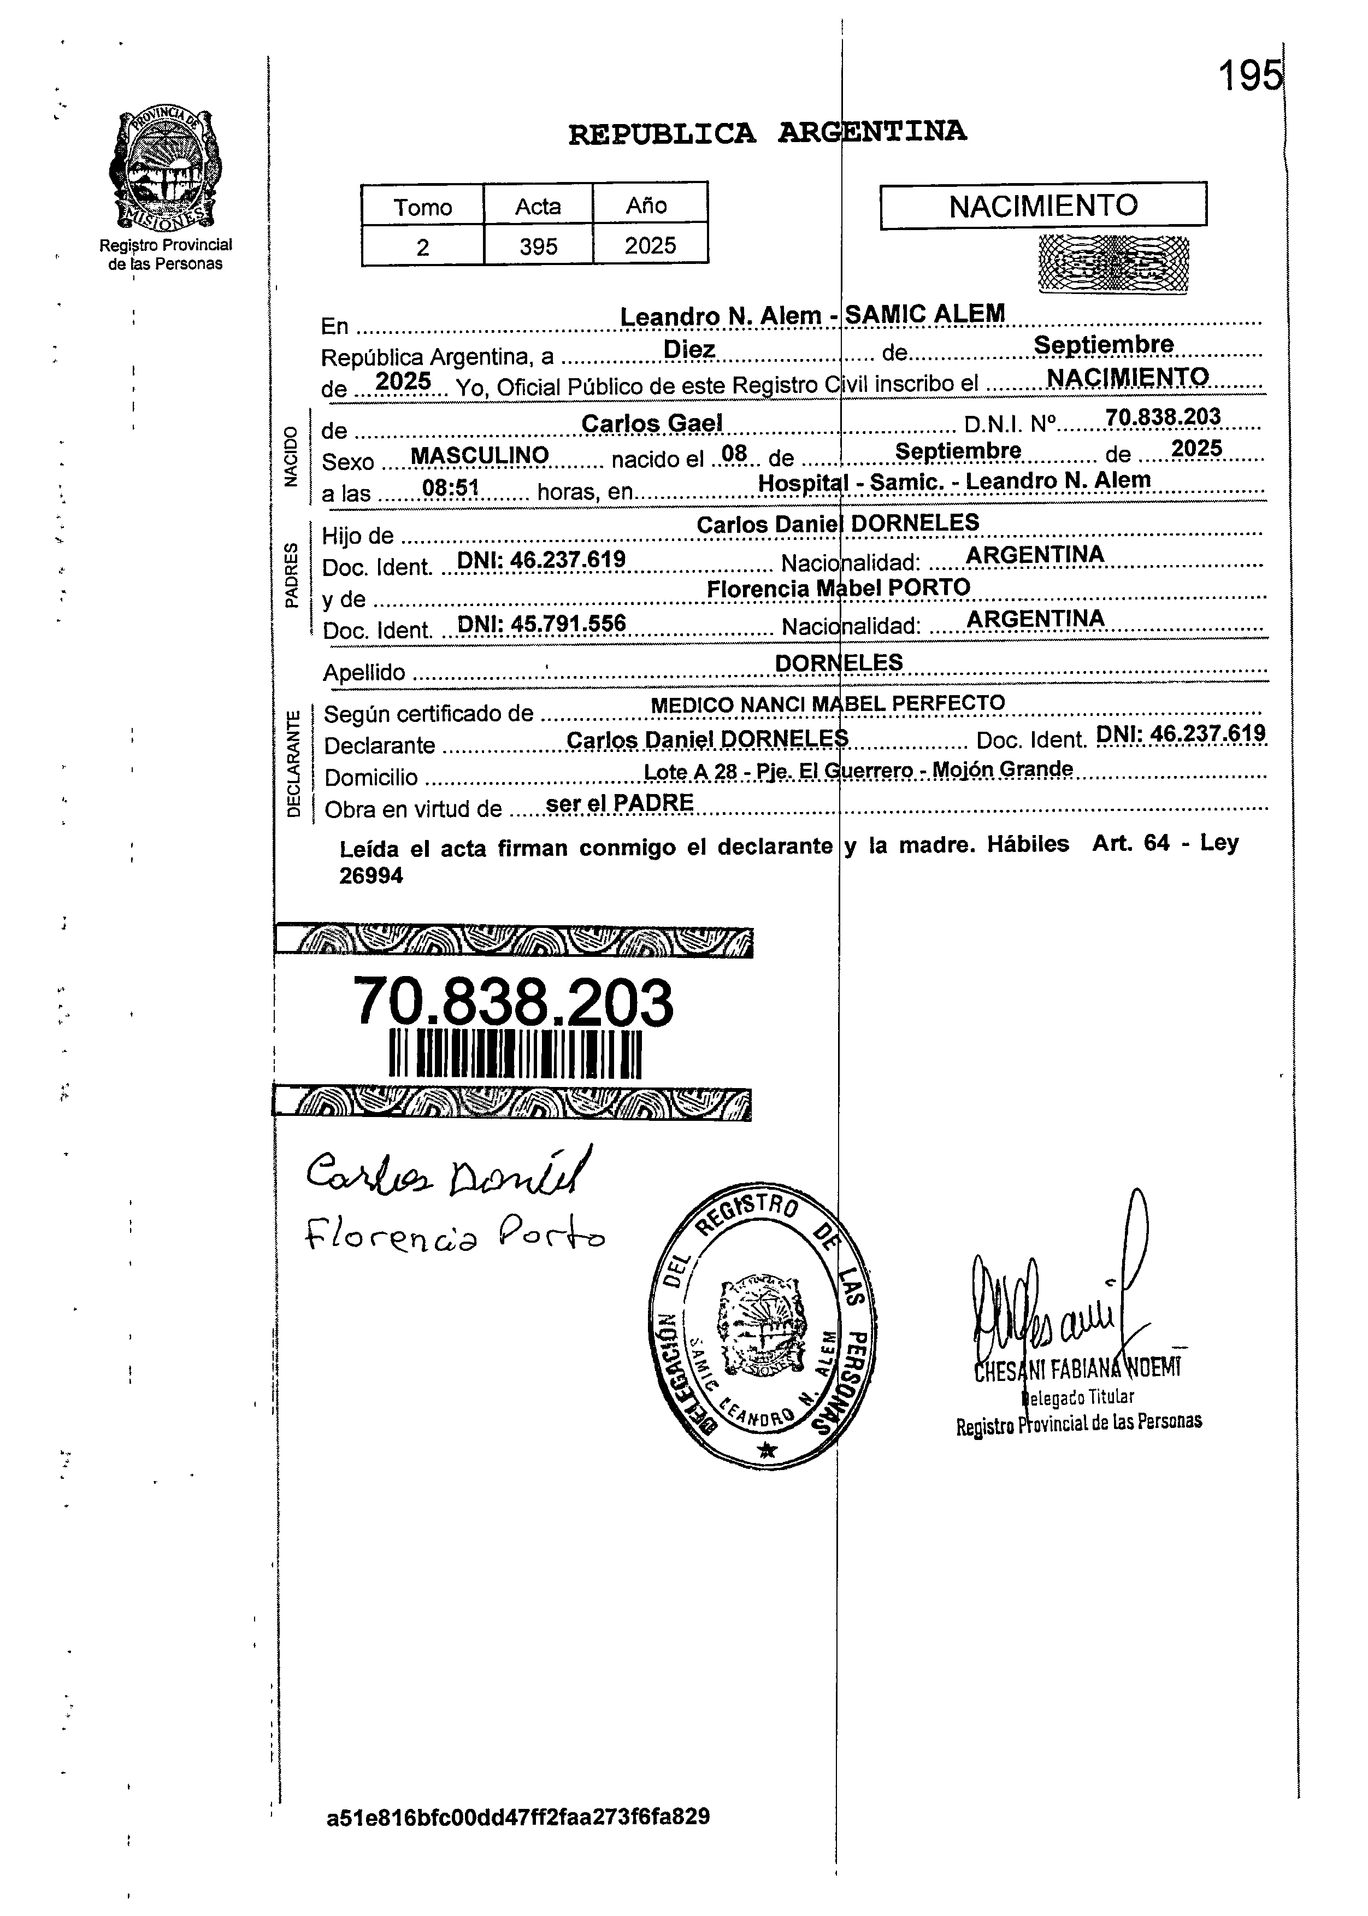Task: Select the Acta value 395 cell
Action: pos(538,246)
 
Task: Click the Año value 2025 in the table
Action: pos(650,245)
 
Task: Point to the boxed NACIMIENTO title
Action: pos(1043,205)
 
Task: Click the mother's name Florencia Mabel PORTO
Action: pos(838,587)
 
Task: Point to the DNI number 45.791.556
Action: pos(541,624)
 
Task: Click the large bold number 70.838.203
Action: pos(513,1002)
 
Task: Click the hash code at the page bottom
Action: pos(518,1817)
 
